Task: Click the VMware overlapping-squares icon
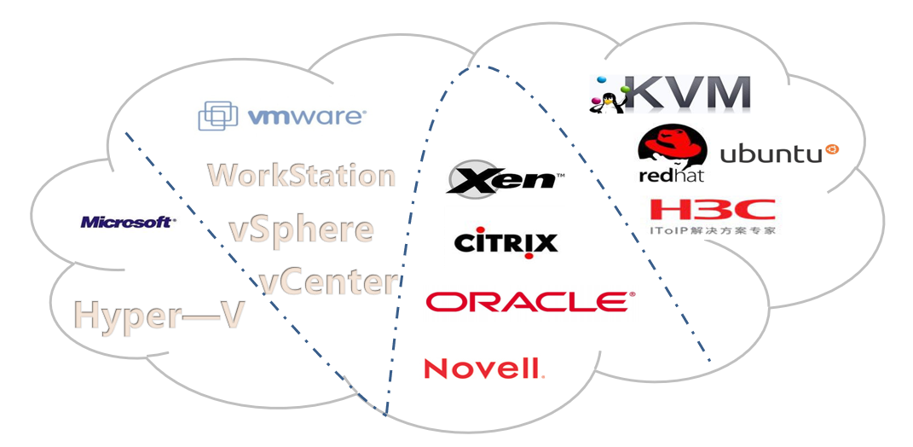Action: [217, 116]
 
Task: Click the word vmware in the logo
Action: [306, 117]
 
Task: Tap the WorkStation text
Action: [302, 175]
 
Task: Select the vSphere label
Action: [301, 230]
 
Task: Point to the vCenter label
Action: [329, 282]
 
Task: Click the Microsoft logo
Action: [128, 222]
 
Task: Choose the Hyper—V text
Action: [159, 315]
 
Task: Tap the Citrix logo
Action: [506, 242]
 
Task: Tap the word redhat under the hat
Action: [672, 175]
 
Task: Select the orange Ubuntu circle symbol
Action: [833, 150]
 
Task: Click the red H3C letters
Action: [712, 210]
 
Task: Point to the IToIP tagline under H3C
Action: [713, 230]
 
